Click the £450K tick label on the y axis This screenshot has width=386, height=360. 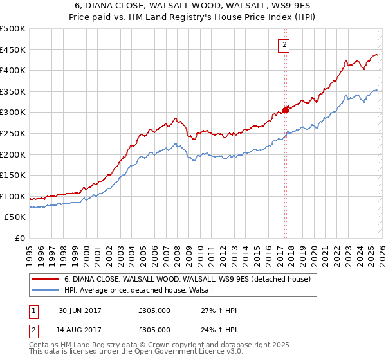tap(14, 50)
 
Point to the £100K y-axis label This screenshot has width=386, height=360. tap(14, 196)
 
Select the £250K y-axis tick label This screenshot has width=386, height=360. tap(14, 133)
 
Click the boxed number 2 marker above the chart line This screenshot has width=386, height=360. tap(284, 44)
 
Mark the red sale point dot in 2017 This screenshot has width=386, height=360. tap(285, 110)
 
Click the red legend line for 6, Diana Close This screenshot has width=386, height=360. tap(45, 280)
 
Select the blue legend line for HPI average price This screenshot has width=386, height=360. tap(45, 291)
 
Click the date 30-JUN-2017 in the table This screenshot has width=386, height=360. tap(80, 310)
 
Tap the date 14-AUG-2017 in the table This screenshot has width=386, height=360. tap(80, 329)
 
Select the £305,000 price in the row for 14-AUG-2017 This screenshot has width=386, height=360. tap(154, 329)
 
